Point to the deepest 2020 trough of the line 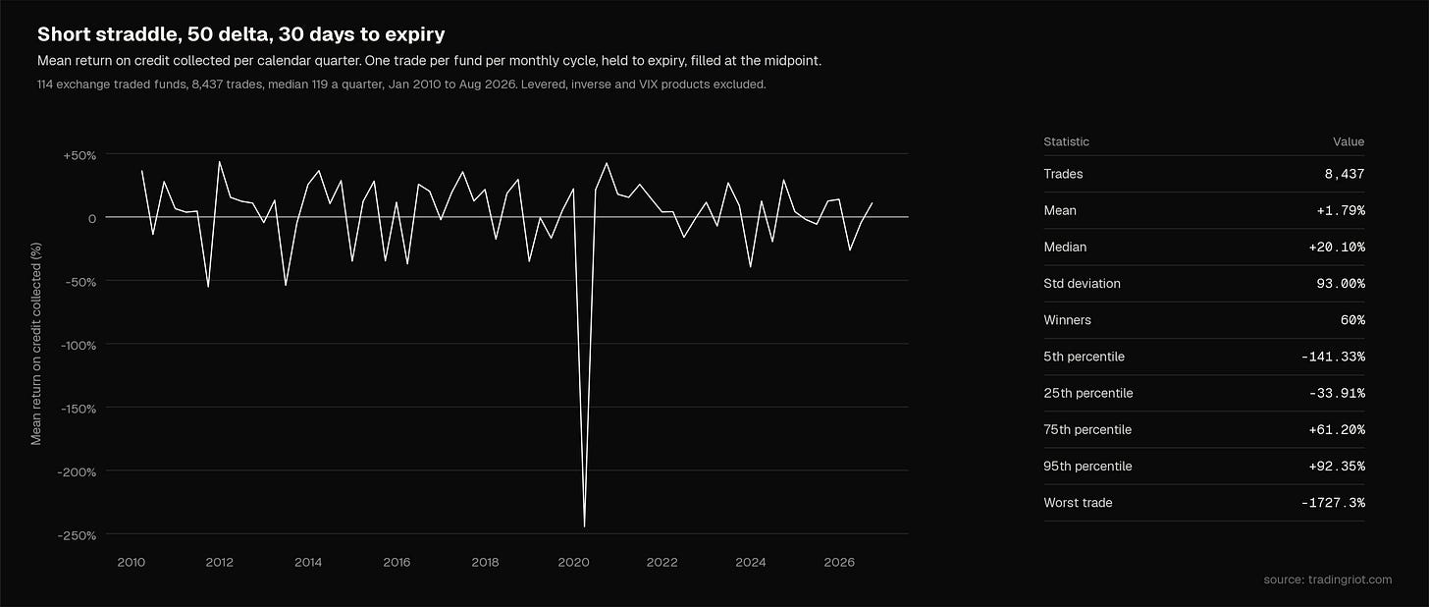(x=584, y=526)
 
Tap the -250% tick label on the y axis (x=77, y=535)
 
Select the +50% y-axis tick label (x=79, y=155)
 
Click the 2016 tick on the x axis (x=397, y=563)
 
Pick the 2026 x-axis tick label (x=839, y=563)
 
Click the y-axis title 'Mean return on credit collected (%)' (x=35, y=344)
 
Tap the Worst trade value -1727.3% (x=1333, y=503)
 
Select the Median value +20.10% (x=1337, y=247)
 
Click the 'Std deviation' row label (x=1082, y=284)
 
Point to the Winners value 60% (x=1352, y=320)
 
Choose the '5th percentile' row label (x=1084, y=357)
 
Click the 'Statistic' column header (x=1066, y=141)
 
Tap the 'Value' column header (x=1349, y=141)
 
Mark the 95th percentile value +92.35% (x=1337, y=467)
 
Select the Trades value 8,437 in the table (x=1345, y=174)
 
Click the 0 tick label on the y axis (x=92, y=218)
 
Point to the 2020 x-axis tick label (x=573, y=563)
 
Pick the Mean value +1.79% (x=1341, y=210)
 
